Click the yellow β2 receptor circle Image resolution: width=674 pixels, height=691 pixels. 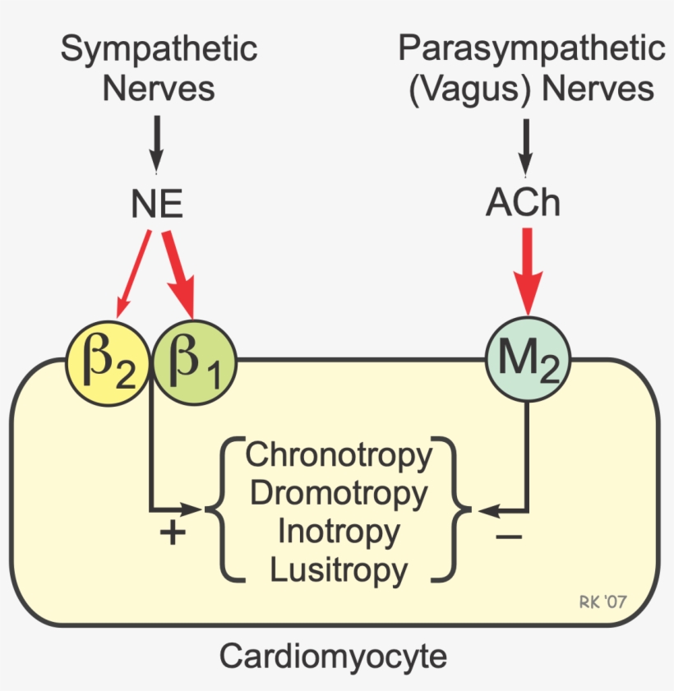(x=108, y=362)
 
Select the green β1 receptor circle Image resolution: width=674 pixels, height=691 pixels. (x=194, y=362)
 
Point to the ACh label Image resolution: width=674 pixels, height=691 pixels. (x=524, y=203)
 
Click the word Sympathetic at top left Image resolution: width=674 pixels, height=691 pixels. (x=159, y=49)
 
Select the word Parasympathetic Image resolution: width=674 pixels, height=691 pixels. (x=532, y=48)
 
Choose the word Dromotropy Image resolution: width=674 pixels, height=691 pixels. (x=339, y=493)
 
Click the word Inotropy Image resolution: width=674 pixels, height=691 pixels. (x=339, y=531)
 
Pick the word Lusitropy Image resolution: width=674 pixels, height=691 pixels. (x=339, y=569)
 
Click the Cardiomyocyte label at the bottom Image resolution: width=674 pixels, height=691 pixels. (x=333, y=656)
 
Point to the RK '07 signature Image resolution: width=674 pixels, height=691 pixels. (x=602, y=602)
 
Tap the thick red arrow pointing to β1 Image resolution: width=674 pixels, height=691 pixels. (x=180, y=275)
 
